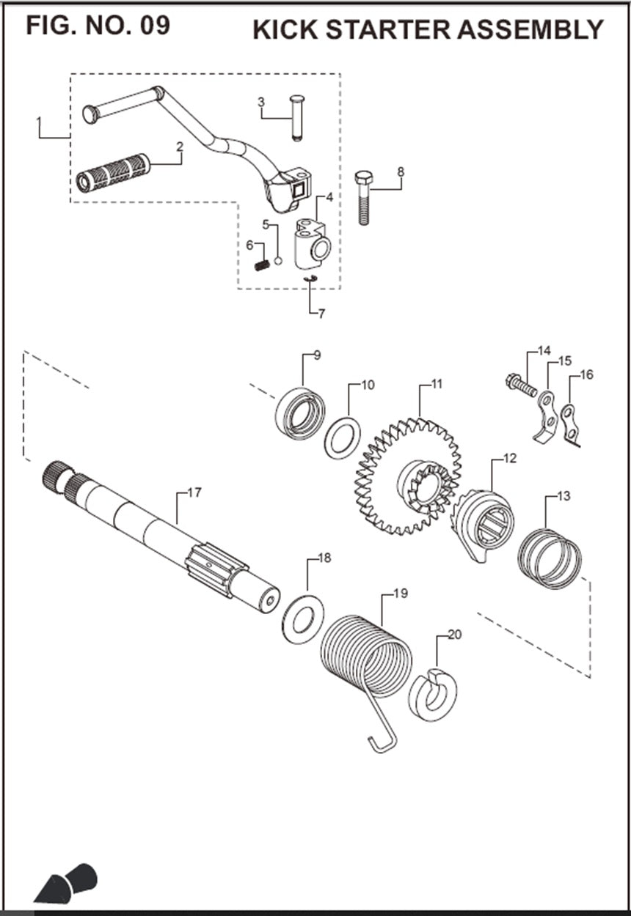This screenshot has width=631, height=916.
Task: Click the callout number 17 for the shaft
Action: [194, 493]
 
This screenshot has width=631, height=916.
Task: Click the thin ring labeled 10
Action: [343, 437]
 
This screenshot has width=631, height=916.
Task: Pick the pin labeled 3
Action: [297, 117]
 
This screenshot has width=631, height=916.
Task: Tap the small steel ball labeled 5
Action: [278, 259]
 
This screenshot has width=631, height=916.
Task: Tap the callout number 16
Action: [586, 375]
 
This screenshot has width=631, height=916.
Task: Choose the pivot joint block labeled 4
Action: [312, 245]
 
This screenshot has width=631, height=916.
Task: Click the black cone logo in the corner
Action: [65, 883]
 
